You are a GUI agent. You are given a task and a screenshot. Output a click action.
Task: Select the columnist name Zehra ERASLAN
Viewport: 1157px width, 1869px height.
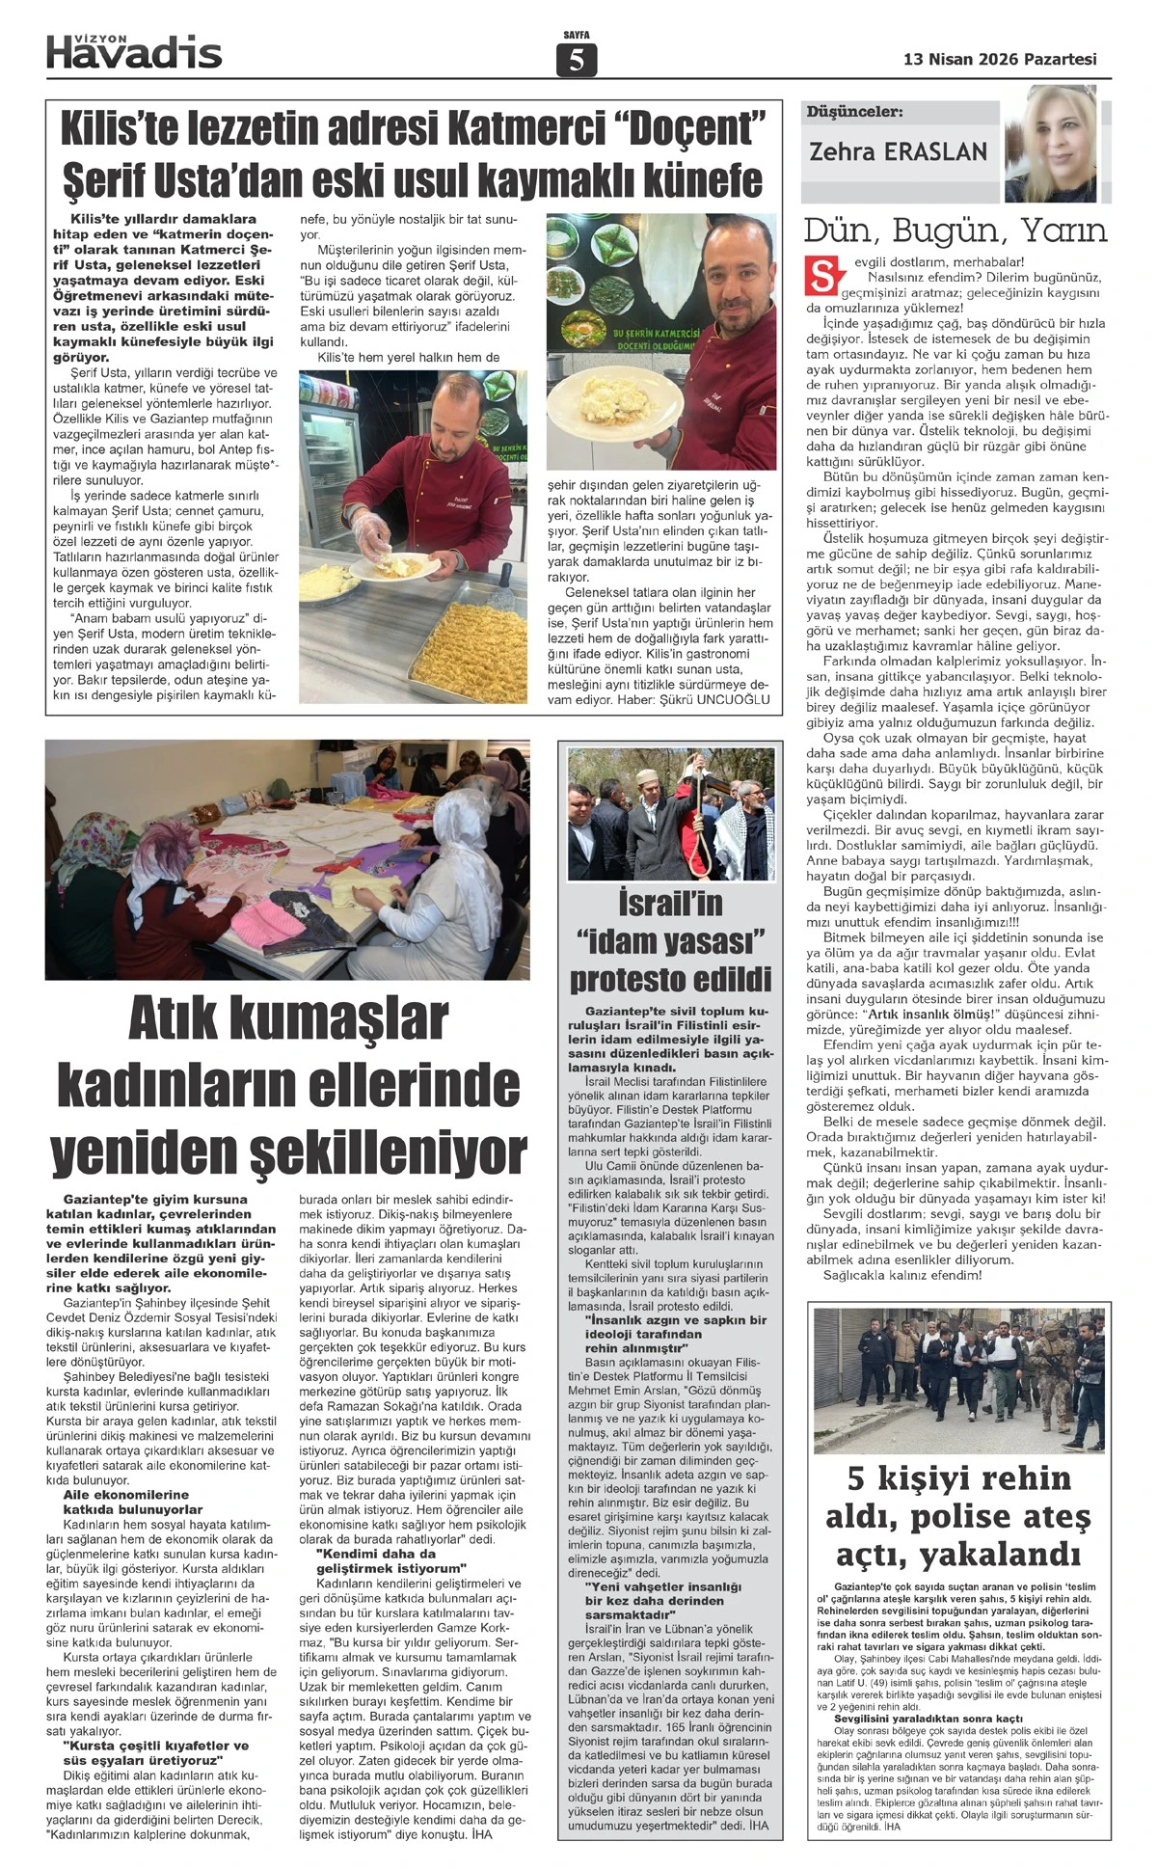(x=899, y=151)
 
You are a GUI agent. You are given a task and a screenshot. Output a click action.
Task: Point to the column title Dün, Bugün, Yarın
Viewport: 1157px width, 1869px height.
(x=955, y=231)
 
